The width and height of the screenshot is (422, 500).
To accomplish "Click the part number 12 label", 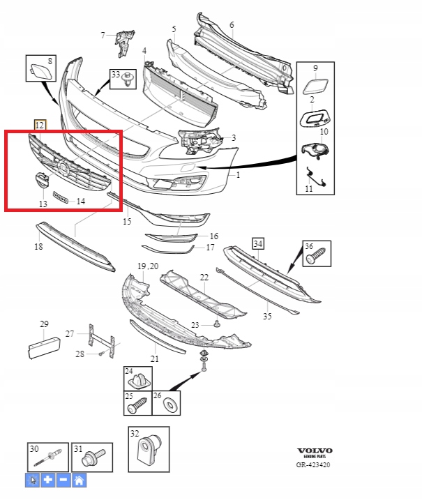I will tap(40, 125).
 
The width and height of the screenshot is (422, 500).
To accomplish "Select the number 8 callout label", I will tap(50, 61).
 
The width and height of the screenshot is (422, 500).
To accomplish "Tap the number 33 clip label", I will tap(115, 75).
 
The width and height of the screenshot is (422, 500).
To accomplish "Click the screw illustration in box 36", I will tap(314, 258).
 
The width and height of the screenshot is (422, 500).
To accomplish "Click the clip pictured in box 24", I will tap(142, 380).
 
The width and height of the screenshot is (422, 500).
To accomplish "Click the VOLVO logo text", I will tap(315, 450).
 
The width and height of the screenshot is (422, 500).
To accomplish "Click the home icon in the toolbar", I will tap(79, 480).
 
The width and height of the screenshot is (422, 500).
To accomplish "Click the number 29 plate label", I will tap(44, 324).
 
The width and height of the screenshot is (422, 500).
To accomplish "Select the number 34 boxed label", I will tap(258, 243).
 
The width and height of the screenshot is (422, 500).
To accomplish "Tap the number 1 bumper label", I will tap(238, 175).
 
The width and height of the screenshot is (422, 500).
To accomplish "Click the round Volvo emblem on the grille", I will tap(62, 167).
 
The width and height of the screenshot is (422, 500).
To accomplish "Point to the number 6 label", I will tap(231, 24).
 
